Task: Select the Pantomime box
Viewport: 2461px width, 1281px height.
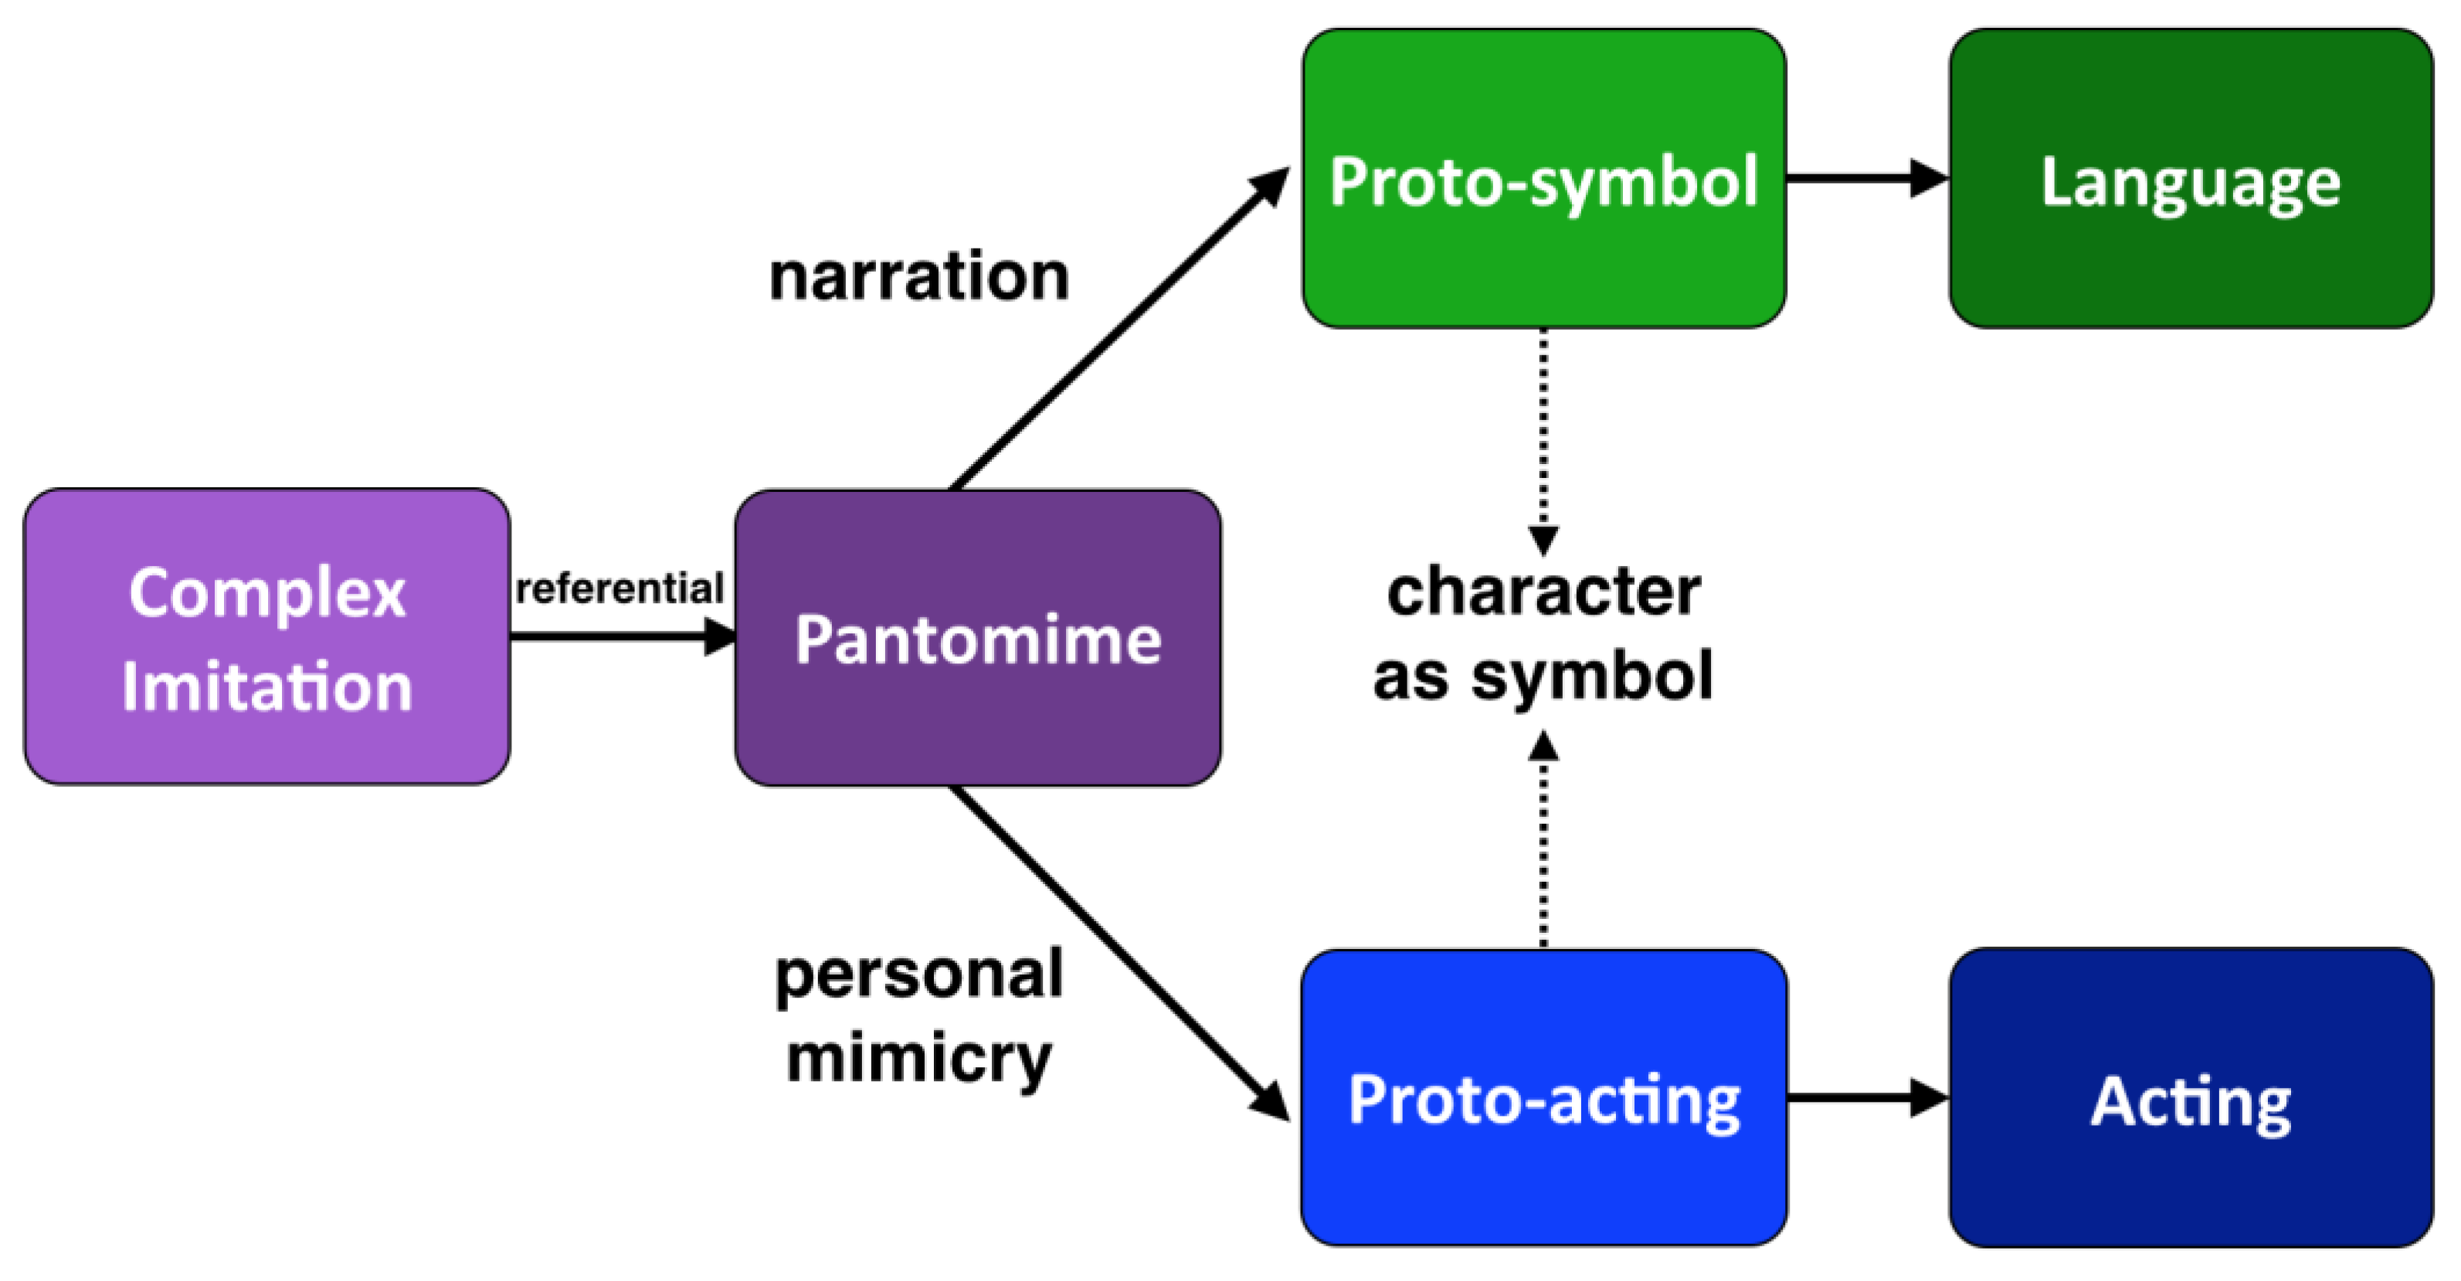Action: tap(977, 638)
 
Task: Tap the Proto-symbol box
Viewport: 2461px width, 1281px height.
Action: tap(1543, 178)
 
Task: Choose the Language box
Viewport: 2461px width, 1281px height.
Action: tap(2190, 178)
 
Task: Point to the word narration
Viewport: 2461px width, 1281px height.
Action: tap(918, 277)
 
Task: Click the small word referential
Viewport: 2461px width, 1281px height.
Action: tap(619, 588)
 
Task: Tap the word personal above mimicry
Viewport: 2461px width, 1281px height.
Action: tap(918, 974)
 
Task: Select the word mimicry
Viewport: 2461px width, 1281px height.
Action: tap(918, 1059)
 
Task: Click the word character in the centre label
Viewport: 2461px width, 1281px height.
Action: tap(1543, 591)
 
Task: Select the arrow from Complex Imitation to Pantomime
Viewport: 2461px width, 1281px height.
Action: tap(622, 636)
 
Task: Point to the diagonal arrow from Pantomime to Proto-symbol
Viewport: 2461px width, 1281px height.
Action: tap(1118, 330)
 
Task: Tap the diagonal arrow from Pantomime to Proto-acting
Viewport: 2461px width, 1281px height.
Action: tap(1118, 951)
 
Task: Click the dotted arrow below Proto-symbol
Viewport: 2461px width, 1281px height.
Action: tap(1543, 439)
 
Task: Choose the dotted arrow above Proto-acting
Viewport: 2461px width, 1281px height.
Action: tap(1543, 841)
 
